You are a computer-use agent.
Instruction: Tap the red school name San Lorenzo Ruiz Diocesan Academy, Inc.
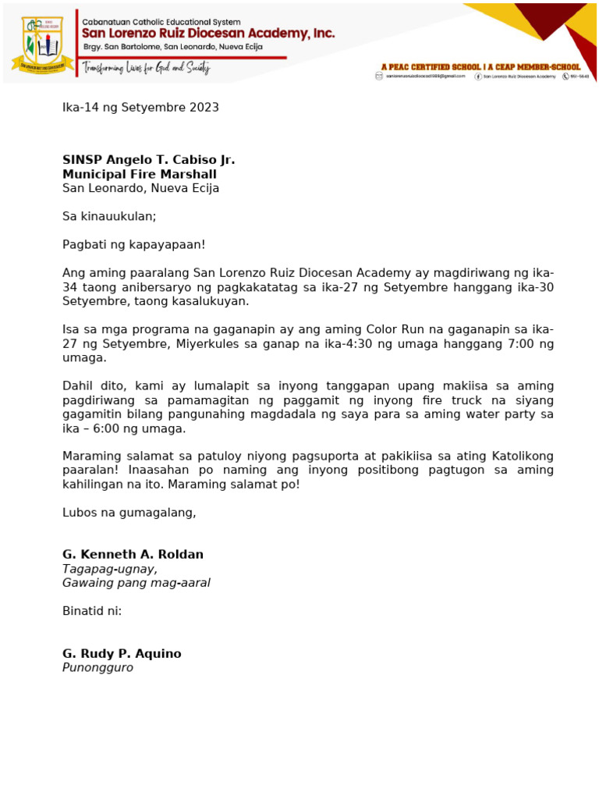click(209, 34)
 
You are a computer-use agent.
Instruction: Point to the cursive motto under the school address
click(147, 68)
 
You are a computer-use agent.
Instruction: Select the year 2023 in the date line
click(203, 108)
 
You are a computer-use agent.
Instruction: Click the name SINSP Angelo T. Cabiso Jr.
click(148, 160)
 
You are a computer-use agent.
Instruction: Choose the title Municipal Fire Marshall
click(140, 174)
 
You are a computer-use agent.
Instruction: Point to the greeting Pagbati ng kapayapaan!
click(133, 244)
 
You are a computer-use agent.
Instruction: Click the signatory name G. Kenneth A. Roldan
click(133, 555)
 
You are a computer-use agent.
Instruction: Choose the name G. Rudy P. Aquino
click(122, 654)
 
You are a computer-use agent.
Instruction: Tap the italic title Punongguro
click(97, 668)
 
